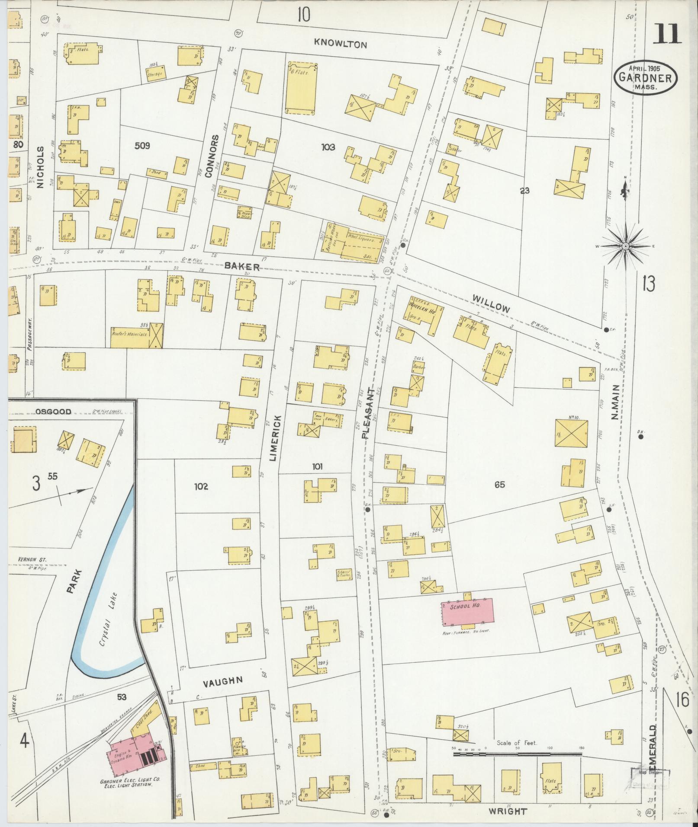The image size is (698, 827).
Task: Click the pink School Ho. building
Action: pos(467,612)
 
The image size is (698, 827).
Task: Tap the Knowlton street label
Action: pos(341,44)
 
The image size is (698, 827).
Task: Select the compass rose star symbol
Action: pos(625,246)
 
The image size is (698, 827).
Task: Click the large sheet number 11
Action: pos(667,34)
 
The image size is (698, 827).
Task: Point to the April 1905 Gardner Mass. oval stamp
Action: pos(647,77)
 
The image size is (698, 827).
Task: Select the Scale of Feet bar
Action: pos(517,754)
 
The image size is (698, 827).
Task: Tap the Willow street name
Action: pos(491,304)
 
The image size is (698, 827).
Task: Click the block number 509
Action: pos(142,146)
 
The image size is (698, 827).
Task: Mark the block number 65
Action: pos(499,485)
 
